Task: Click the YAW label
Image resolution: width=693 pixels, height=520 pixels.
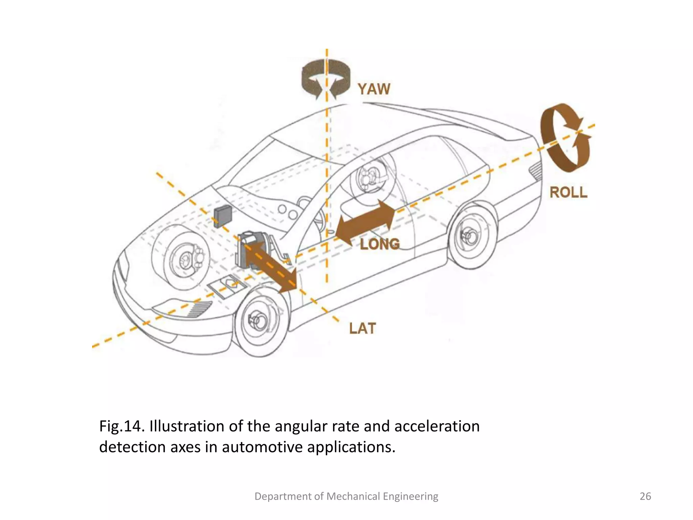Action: coord(374,89)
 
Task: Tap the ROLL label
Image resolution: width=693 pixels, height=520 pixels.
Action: coord(568,192)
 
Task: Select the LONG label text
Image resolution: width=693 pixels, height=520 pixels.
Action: coord(380,244)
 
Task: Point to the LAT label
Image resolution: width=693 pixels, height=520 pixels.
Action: coord(362,328)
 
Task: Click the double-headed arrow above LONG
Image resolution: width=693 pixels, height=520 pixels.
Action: coord(367,222)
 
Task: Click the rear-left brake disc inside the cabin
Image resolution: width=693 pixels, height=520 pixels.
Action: coord(369,178)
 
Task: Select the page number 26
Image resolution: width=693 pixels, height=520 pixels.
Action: coord(645,496)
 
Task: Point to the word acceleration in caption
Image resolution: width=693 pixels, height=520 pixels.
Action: coord(437,426)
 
